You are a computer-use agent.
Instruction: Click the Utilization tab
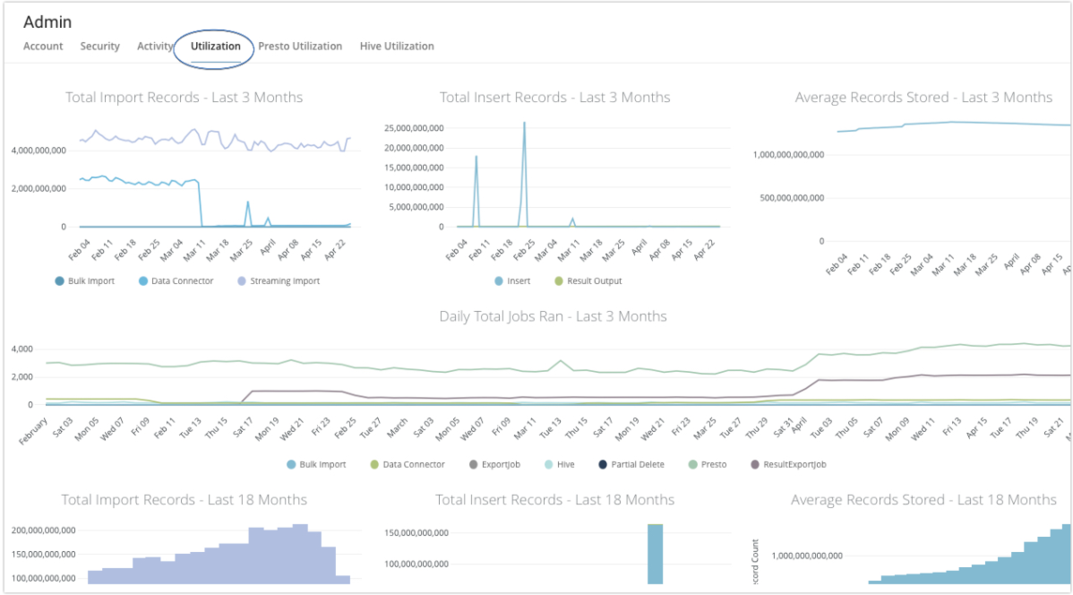pos(215,46)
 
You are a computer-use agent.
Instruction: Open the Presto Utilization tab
pos(300,46)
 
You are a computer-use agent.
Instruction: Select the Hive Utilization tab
pos(397,46)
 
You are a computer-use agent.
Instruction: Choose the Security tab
pos(99,46)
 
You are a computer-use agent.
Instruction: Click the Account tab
pos(43,46)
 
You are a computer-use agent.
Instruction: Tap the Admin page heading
pos(47,22)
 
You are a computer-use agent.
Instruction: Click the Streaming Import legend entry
pos(279,280)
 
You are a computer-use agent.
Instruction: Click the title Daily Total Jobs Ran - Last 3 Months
pos(553,316)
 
